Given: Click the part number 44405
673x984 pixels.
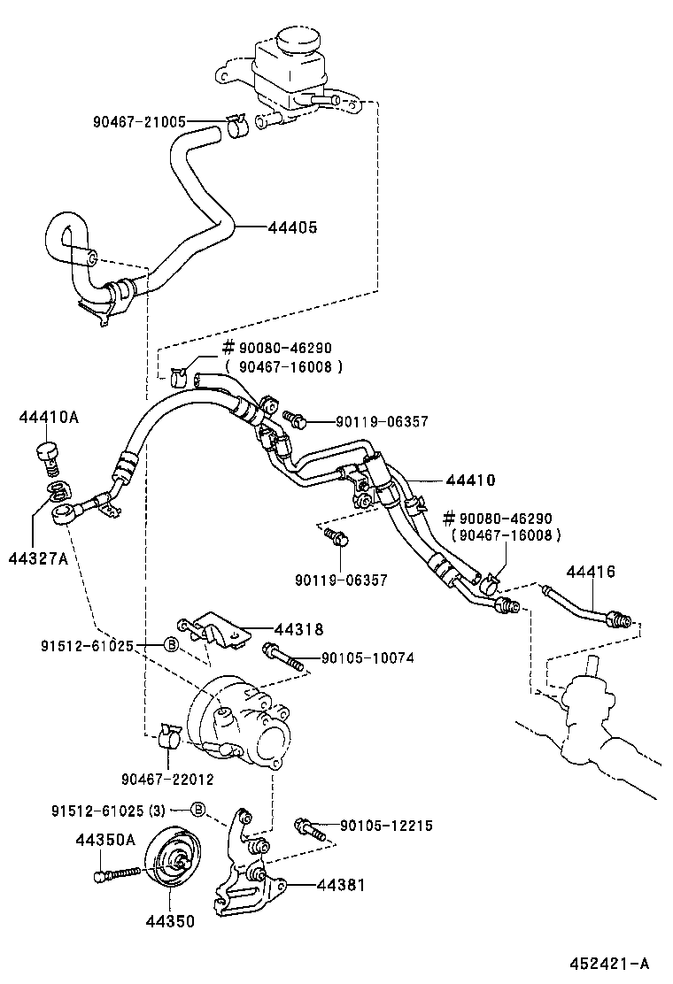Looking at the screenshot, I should (292, 227).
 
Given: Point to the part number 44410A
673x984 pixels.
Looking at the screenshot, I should (49, 418).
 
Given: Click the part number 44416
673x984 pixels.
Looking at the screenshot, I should (591, 572).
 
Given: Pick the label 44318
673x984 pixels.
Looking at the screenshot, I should (298, 629).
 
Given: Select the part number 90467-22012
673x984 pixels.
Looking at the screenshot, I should (167, 779).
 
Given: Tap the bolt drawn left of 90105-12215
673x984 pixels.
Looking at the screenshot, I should (307, 826).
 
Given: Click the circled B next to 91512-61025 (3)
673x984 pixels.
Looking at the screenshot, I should (198, 809).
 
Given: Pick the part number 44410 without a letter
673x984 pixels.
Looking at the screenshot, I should (470, 480).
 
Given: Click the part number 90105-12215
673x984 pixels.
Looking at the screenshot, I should (389, 826).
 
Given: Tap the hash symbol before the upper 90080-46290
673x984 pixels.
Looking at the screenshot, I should (227, 348).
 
